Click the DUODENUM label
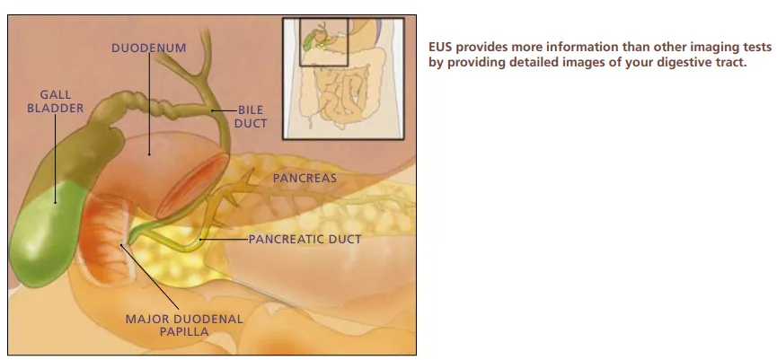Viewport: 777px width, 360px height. [x=148, y=48]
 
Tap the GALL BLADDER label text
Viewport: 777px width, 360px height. [x=56, y=101]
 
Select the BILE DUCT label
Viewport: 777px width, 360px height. [x=251, y=117]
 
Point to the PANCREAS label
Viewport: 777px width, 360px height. [x=305, y=179]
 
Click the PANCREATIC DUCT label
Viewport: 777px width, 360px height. [x=305, y=239]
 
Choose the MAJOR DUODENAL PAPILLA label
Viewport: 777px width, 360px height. [x=184, y=325]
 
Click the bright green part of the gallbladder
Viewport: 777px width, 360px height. [x=46, y=233]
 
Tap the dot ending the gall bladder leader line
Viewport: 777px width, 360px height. [x=55, y=202]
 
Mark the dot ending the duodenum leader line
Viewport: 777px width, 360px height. [x=149, y=154]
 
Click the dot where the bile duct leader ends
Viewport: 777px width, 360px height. [x=213, y=110]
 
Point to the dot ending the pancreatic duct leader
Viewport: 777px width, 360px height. [x=200, y=240]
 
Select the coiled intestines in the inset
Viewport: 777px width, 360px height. [x=342, y=94]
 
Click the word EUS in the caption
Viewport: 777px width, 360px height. [x=440, y=47]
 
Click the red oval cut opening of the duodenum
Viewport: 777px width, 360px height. [x=192, y=186]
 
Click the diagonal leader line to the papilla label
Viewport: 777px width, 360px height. [x=150, y=277]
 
